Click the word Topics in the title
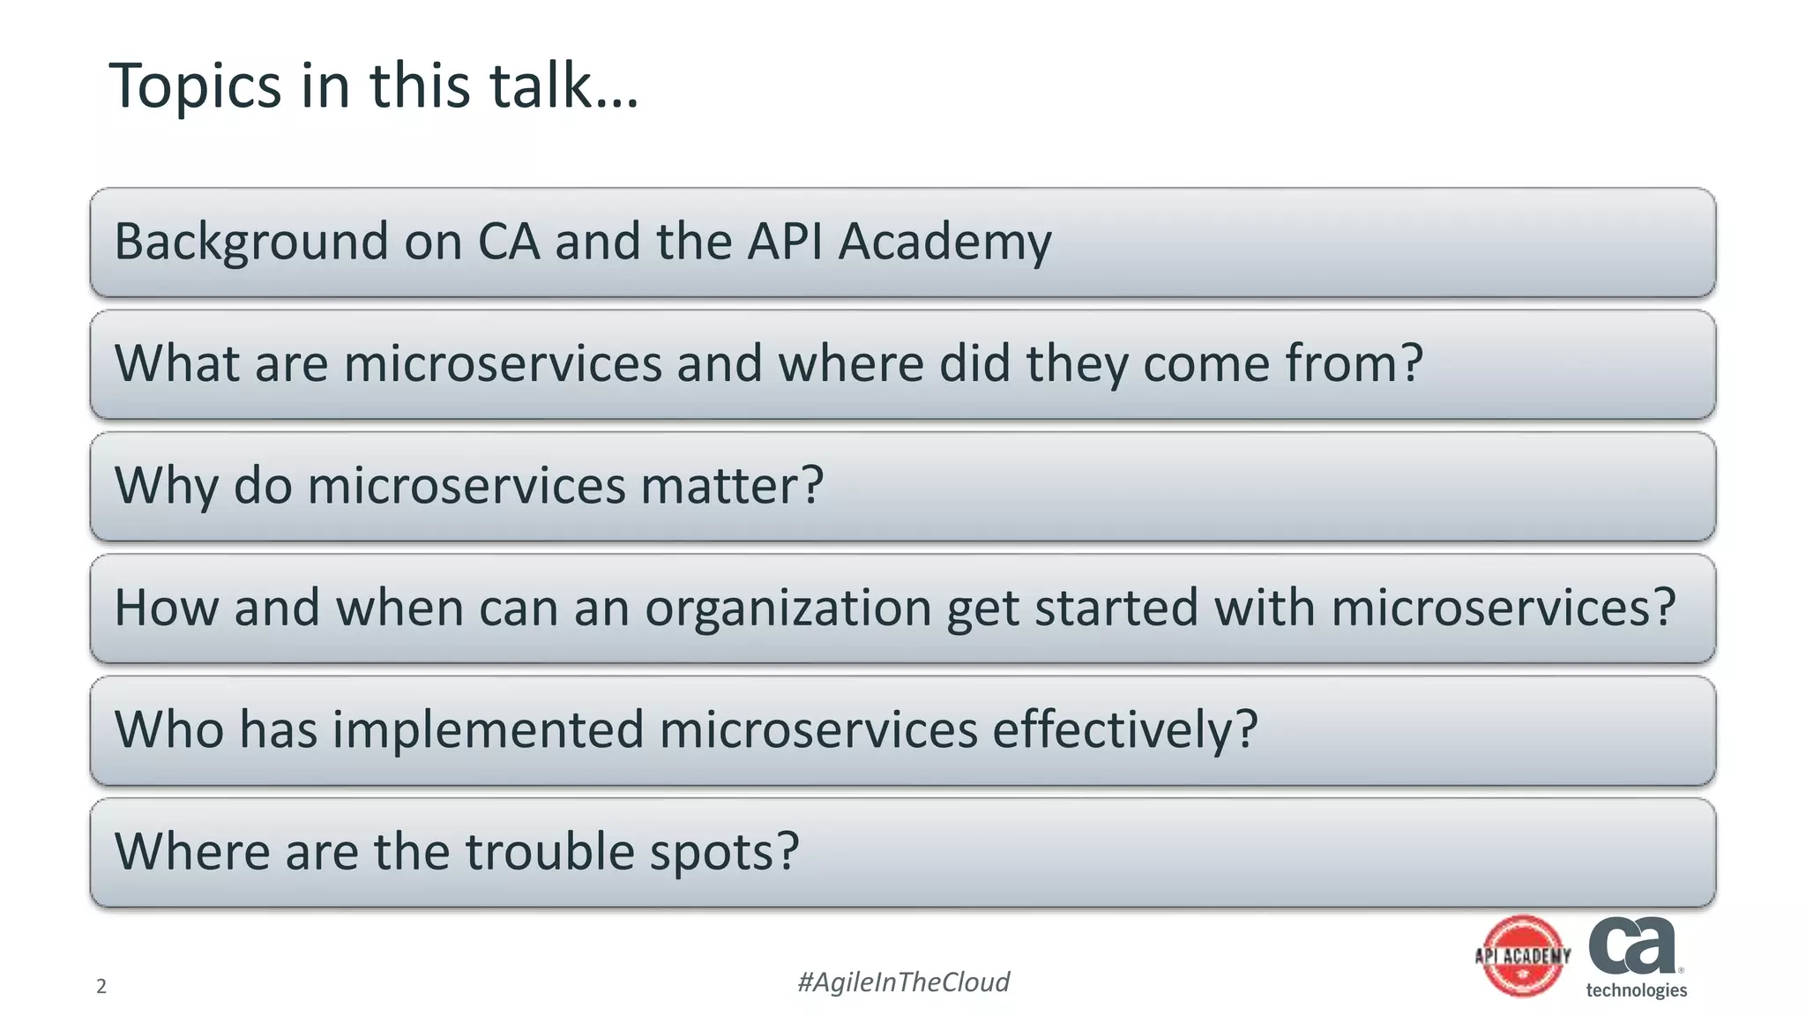[x=195, y=86]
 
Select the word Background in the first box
[x=251, y=242]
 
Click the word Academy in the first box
[x=944, y=242]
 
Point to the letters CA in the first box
[x=509, y=242]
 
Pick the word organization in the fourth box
[x=787, y=609]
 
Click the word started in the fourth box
[x=1116, y=608]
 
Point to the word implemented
[x=488, y=731]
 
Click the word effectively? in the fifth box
[x=1125, y=731]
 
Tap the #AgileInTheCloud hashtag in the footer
[x=903, y=982]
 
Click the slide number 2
[x=101, y=986]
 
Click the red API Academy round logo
[x=1523, y=956]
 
